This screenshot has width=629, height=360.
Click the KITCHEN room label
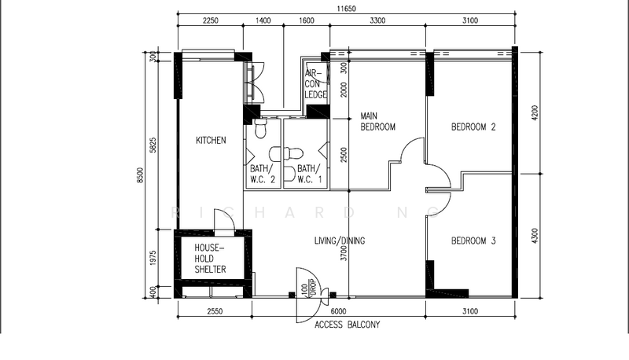[x=211, y=141]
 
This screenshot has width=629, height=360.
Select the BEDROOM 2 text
[x=473, y=127]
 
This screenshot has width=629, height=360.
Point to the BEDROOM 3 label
[x=473, y=241]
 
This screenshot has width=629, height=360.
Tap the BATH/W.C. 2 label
[x=263, y=174]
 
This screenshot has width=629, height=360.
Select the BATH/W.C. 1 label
[x=309, y=174]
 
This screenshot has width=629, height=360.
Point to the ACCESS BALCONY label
[x=347, y=324]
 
